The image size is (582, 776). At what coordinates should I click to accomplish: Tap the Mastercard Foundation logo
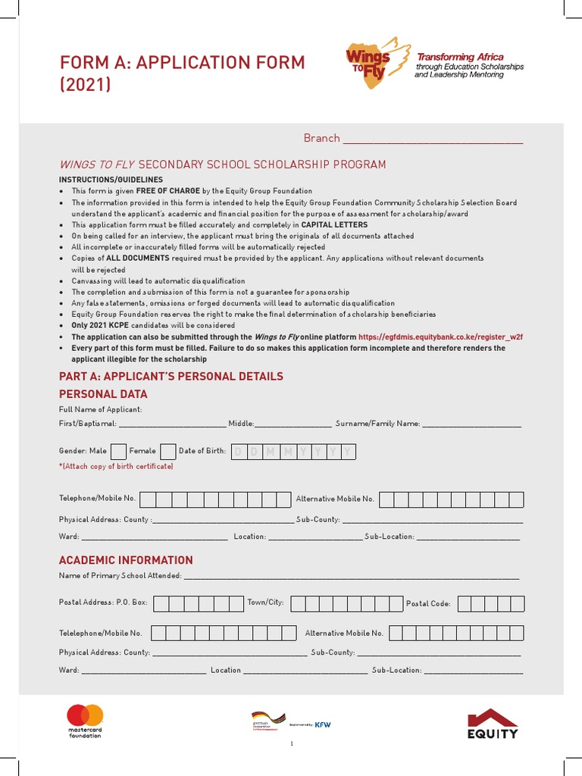pyautogui.click(x=85, y=721)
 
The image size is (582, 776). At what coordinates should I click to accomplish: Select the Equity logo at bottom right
pyautogui.click(x=493, y=723)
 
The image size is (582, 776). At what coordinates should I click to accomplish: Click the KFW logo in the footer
pyautogui.click(x=323, y=724)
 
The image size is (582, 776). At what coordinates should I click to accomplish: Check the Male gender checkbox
pyautogui.click(x=118, y=452)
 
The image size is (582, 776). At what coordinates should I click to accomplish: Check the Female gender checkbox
pyautogui.click(x=168, y=452)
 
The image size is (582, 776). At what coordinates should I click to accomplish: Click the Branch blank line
pyautogui.click(x=433, y=139)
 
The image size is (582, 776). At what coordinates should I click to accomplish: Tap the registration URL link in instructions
pyautogui.click(x=440, y=337)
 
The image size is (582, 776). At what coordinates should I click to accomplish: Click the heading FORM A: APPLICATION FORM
pyautogui.click(x=182, y=62)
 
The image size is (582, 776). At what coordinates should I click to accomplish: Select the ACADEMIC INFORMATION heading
pyautogui.click(x=126, y=560)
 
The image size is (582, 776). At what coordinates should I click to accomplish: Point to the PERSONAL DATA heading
pyautogui.click(x=103, y=394)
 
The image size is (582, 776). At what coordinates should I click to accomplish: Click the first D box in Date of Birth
pyautogui.click(x=238, y=452)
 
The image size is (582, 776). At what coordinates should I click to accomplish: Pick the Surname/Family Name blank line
pyautogui.click(x=471, y=424)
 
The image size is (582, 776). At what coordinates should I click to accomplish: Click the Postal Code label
pyautogui.click(x=428, y=604)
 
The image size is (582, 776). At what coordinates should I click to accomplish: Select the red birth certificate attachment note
pyautogui.click(x=116, y=467)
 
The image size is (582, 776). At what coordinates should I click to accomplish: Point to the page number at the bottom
pyautogui.click(x=291, y=743)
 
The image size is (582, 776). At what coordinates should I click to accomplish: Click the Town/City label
pyautogui.click(x=265, y=602)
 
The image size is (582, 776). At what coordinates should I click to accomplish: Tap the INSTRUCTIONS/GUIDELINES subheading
pyautogui.click(x=111, y=180)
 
